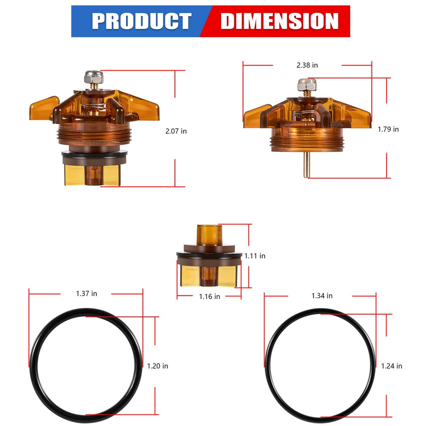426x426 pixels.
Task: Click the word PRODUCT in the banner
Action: (x=142, y=21)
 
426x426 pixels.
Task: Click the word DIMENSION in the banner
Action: (x=279, y=21)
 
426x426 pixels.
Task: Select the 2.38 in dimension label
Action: (x=307, y=65)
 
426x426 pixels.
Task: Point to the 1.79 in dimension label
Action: (x=388, y=130)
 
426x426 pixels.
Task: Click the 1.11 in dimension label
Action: (x=255, y=256)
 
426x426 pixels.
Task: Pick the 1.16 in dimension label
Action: (x=209, y=296)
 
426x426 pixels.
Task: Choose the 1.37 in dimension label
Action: (x=87, y=294)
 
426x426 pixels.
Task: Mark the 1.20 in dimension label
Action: (x=158, y=366)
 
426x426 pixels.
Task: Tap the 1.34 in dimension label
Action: (x=322, y=296)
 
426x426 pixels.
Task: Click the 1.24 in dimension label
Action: (x=391, y=366)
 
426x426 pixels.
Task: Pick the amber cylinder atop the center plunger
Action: (x=209, y=234)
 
